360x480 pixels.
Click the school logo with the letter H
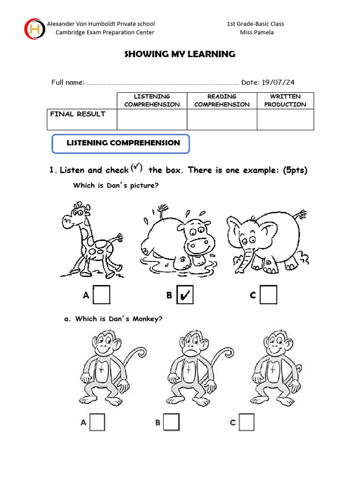34,29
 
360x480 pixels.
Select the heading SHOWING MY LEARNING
180,54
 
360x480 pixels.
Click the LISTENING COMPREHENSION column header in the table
152,100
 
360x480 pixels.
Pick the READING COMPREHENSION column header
222,100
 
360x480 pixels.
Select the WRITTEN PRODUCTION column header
285,100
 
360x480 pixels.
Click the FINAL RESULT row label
78,114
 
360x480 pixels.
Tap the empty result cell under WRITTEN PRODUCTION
285,120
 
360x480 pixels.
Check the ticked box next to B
185,295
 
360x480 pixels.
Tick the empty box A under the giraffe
101,295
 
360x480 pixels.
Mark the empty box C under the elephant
269,295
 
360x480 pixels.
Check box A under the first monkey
97,422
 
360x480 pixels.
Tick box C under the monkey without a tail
247,422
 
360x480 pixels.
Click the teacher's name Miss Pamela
256,32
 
